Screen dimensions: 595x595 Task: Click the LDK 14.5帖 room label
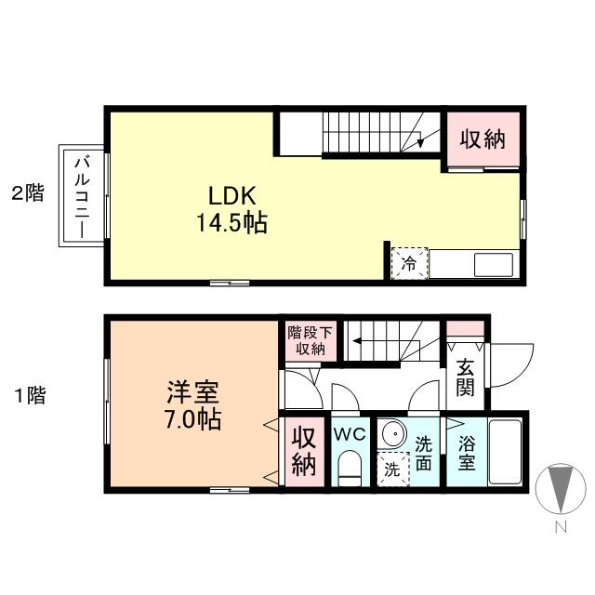[x=231, y=209]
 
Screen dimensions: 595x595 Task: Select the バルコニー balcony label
[x=81, y=195]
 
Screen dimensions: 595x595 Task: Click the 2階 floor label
[x=27, y=194]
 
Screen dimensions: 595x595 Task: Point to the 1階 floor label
[x=29, y=395]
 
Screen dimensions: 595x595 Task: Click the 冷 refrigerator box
[x=409, y=264]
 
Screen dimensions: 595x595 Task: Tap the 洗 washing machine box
[x=392, y=469]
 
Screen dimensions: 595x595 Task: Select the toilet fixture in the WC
[x=349, y=469]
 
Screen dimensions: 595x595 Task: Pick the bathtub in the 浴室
[x=505, y=452]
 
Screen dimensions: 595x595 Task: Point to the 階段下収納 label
[x=306, y=340]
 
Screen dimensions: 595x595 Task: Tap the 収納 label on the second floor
[x=483, y=139]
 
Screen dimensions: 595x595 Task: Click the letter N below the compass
[x=560, y=528]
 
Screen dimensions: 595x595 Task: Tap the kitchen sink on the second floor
[x=493, y=264]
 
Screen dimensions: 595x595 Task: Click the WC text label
[x=350, y=433]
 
